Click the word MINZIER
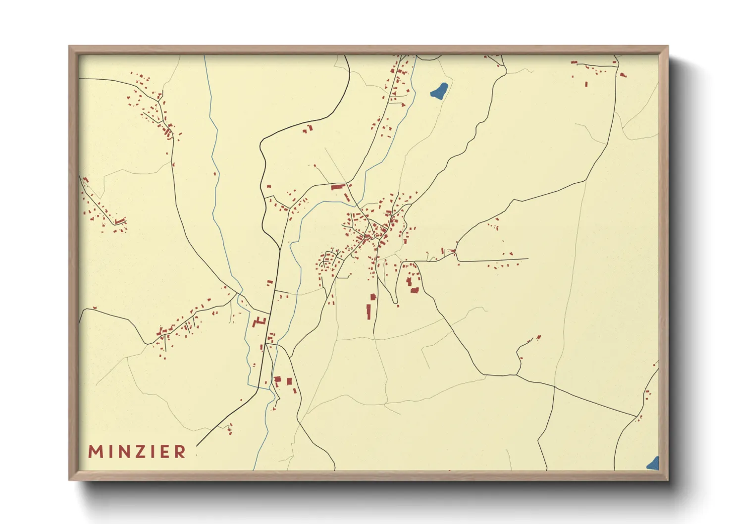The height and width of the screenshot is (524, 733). (x=137, y=452)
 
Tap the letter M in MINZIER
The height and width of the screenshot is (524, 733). (x=95, y=452)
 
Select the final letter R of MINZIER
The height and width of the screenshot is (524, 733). (x=180, y=452)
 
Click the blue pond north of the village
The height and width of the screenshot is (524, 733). (x=439, y=91)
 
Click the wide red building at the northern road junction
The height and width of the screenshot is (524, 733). (x=338, y=187)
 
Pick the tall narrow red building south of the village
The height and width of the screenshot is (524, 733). (x=368, y=312)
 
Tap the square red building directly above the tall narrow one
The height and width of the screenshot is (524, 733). (x=373, y=297)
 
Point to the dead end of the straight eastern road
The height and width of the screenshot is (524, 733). (x=528, y=259)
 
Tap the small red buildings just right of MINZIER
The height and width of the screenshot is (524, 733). (x=230, y=428)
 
